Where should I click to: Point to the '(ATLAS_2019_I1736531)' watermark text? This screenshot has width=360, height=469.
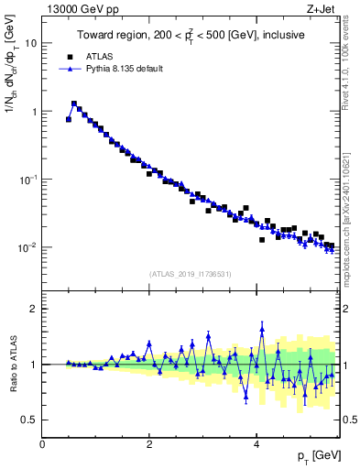(190, 274)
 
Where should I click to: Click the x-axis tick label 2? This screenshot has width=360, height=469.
(149, 444)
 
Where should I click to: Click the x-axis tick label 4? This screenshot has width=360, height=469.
(256, 444)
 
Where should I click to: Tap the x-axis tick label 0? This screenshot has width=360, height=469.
(42, 444)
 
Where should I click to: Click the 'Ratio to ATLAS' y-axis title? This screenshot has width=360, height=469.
(12, 364)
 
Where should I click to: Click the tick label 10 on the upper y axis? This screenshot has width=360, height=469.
(29, 43)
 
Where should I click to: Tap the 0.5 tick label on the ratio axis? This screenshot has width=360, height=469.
(29, 420)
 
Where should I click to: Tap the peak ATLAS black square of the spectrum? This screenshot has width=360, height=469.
(74, 104)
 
